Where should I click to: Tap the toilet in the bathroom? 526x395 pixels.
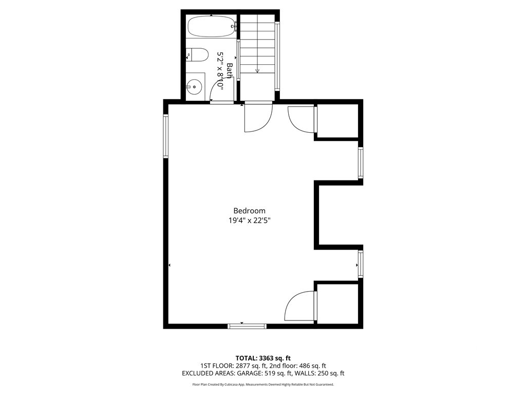point(198,54)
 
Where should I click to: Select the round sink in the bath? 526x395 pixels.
point(194,87)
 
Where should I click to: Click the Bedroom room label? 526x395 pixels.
point(249,210)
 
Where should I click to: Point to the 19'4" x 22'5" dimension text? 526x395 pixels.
point(249,221)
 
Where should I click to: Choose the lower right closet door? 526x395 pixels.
point(300,306)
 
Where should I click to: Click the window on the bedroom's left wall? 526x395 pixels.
point(166,136)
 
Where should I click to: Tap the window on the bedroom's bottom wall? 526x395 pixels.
point(247,326)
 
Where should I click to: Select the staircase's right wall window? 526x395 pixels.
point(277,57)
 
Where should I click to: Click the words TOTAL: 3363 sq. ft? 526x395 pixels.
point(263,358)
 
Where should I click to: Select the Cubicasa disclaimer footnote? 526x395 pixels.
point(263,384)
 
